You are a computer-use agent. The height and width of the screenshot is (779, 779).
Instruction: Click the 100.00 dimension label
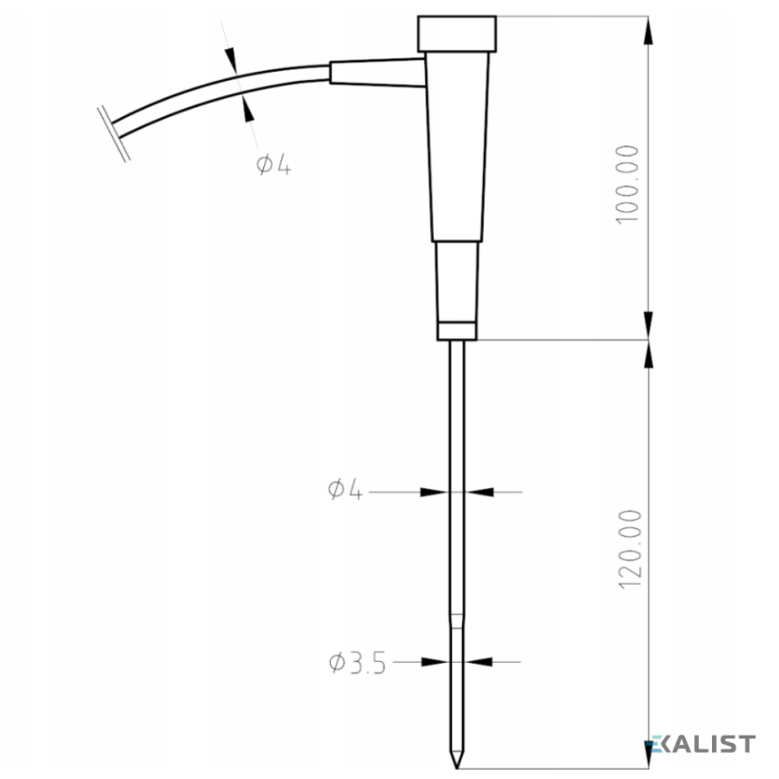click(627, 184)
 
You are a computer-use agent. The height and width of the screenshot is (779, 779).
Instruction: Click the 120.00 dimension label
click(630, 550)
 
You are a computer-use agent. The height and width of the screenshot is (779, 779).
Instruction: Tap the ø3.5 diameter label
click(357, 663)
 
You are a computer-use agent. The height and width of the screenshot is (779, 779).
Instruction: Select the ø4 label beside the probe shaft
click(345, 489)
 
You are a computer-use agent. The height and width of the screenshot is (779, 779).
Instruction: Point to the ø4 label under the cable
click(273, 164)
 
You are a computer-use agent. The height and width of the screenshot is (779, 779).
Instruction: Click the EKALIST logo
click(703, 744)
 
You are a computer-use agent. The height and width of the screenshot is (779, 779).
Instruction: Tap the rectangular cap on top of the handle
click(456, 34)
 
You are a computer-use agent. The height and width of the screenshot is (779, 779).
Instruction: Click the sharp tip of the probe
click(456, 767)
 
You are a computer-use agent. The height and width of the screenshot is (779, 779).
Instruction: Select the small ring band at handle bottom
click(457, 331)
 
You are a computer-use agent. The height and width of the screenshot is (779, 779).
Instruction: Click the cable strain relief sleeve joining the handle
click(378, 73)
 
